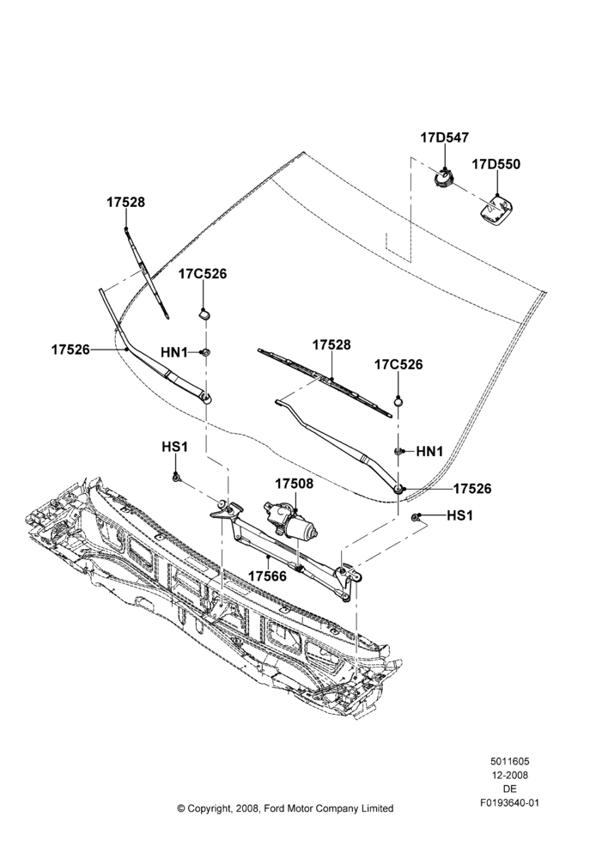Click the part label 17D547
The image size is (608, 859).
(x=445, y=137)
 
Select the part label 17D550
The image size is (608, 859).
(x=496, y=164)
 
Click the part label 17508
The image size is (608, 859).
(x=295, y=484)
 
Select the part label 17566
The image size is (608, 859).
(x=267, y=576)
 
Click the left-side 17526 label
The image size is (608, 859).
(x=70, y=350)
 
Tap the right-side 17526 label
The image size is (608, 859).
(x=472, y=489)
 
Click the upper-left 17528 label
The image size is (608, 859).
(x=126, y=202)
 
